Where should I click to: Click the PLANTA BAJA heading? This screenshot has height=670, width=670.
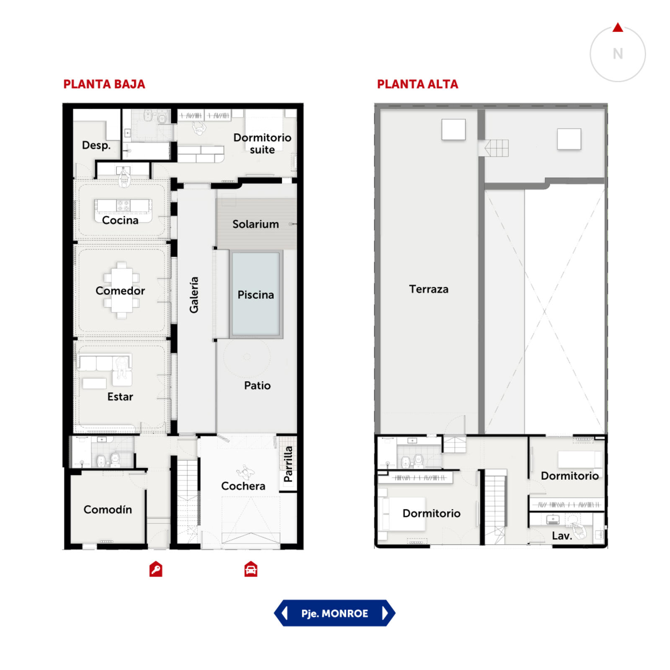click(104, 84)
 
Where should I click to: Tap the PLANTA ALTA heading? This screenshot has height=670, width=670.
click(417, 84)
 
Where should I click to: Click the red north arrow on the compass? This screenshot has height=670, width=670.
click(618, 28)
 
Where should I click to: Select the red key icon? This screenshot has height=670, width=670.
click(156, 569)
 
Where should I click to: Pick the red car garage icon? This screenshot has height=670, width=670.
click(251, 569)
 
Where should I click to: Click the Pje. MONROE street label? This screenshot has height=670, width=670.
click(335, 613)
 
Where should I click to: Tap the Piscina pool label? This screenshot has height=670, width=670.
click(255, 295)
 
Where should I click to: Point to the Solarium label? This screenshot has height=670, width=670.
click(255, 224)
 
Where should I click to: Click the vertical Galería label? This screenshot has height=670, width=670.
click(193, 295)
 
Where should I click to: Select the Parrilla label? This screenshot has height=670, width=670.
click(288, 464)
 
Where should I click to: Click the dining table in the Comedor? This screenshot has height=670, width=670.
click(121, 290)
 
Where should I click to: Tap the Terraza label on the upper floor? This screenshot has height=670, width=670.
click(428, 289)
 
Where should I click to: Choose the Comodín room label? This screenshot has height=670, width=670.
click(108, 510)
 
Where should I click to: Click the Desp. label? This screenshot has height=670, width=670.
click(96, 145)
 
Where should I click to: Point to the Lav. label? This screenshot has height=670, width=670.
click(562, 536)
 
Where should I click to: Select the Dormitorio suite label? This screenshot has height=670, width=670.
click(262, 144)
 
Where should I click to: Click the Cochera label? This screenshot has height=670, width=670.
click(243, 486)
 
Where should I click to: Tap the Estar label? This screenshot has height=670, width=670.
click(120, 397)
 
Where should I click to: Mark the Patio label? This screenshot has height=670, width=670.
click(257, 385)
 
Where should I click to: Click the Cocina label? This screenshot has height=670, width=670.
click(120, 220)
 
